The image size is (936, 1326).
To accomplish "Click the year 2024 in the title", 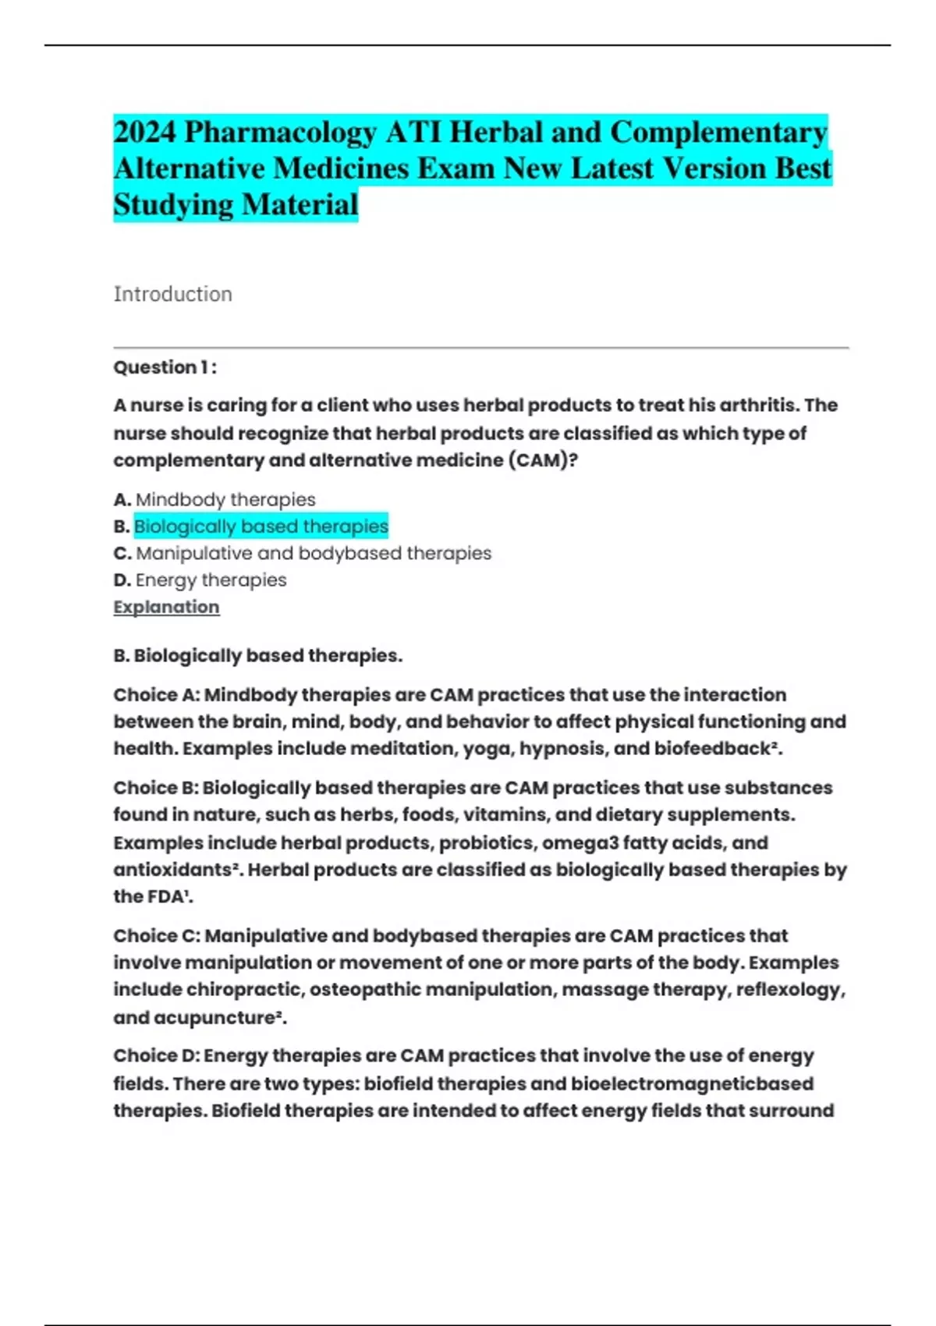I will coord(144,132).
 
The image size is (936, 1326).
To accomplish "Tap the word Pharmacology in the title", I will coord(281,133).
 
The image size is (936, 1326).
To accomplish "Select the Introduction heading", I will coord(172,294).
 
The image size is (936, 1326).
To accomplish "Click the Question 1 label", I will coord(165,367).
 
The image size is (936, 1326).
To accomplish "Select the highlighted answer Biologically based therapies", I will coord(261,526).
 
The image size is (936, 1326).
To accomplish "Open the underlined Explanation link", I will coord(166,607).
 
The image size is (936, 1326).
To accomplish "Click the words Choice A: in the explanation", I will coord(156,695).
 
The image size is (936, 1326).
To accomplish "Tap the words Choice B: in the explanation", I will coord(155,788).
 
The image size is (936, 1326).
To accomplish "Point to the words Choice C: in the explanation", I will coord(156,935).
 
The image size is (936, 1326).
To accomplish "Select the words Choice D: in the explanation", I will coord(156,1056).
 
